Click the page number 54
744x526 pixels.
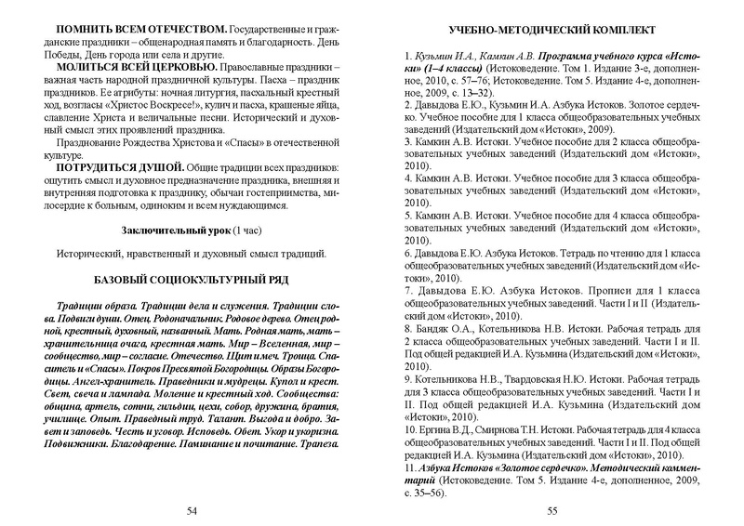tap(192, 510)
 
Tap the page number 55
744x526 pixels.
tap(551, 510)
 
